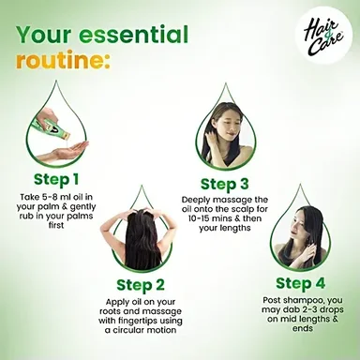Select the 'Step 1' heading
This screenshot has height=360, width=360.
[x=56, y=180]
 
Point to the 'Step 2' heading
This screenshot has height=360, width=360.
[x=141, y=285]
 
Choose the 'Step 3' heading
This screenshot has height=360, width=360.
[x=225, y=184]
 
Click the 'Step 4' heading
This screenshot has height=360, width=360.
[x=301, y=283]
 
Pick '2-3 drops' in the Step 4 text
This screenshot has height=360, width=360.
[x=326, y=310]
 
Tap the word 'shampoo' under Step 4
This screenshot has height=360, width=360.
[x=300, y=301]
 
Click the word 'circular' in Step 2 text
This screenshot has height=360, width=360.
[x=129, y=330]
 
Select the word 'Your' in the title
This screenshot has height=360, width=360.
[x=43, y=35]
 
